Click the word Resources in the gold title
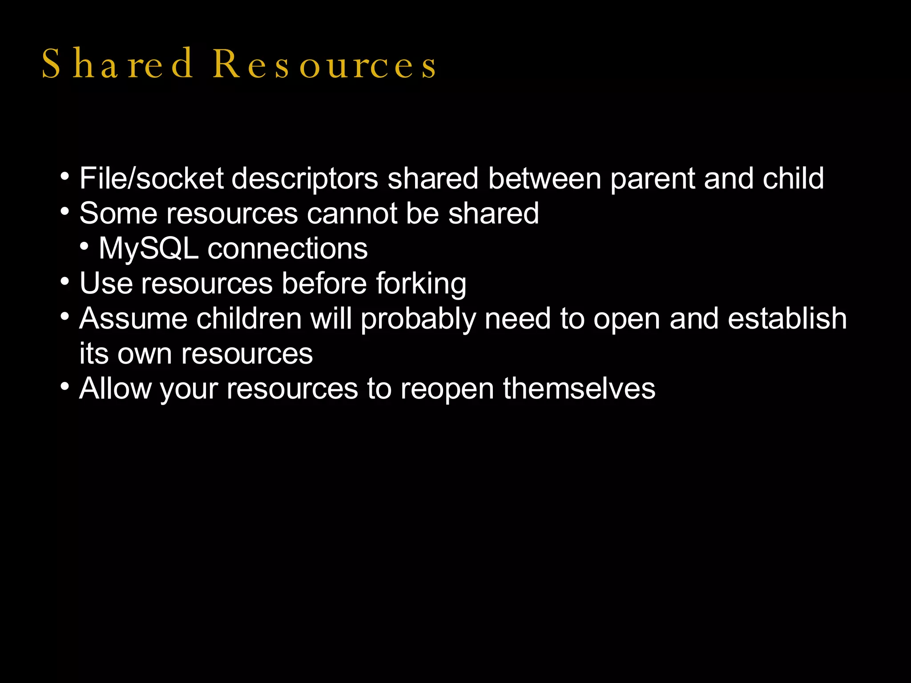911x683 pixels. pyautogui.click(x=324, y=64)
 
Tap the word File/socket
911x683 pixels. pyautogui.click(x=151, y=178)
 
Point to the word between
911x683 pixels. pyautogui.click(x=544, y=178)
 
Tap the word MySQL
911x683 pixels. pyautogui.click(x=149, y=249)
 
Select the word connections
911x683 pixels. pyautogui.click(x=287, y=249)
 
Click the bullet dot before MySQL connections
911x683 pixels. pyautogui.click(x=85, y=246)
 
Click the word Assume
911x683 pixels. pyautogui.click(x=133, y=318)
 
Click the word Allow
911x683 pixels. pyautogui.click(x=115, y=388)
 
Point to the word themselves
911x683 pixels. pyautogui.click(x=579, y=388)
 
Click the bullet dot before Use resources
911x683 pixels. pyautogui.click(x=65, y=281)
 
